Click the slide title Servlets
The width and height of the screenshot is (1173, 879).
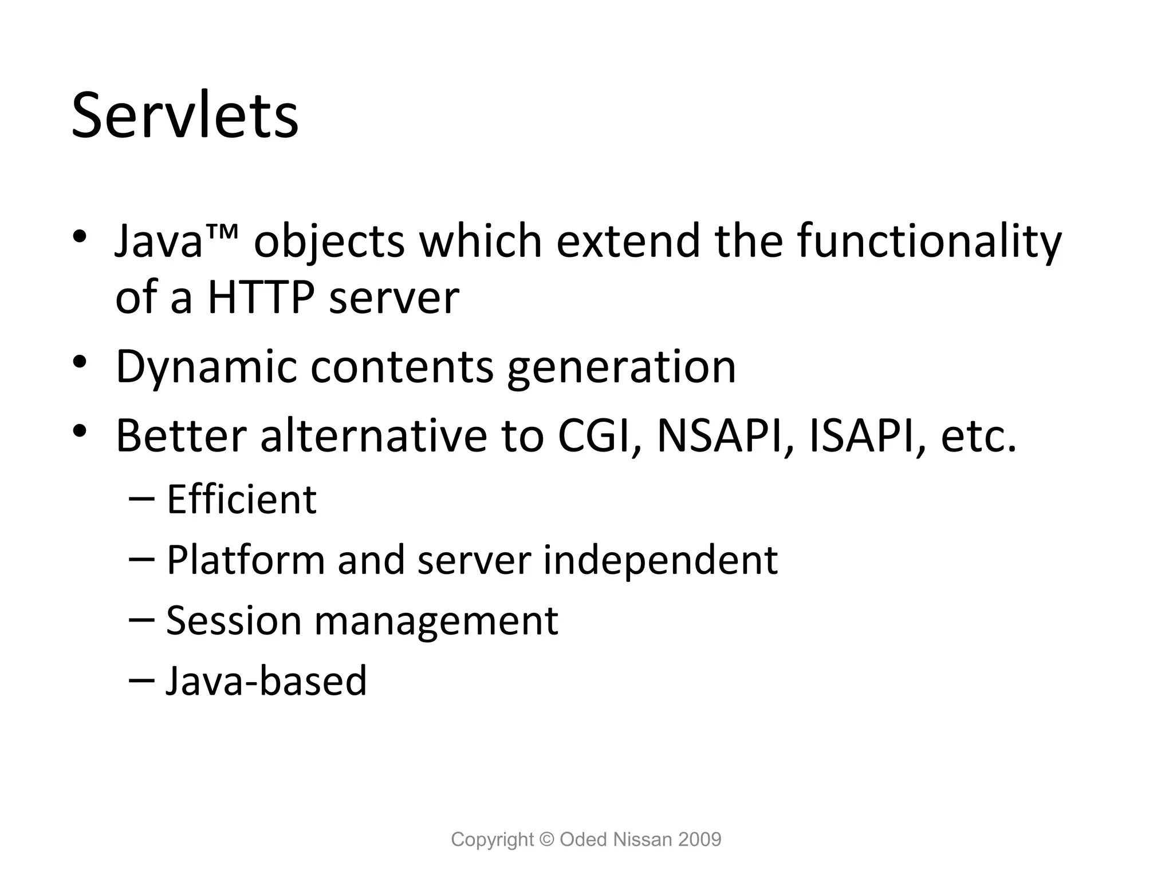[x=184, y=116]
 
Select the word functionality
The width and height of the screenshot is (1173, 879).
[x=929, y=241]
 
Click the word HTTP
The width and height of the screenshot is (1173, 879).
[x=261, y=298]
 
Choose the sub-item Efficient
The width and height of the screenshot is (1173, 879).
[x=241, y=500]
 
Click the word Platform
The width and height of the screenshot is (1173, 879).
[x=246, y=560]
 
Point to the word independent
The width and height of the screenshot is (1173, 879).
[x=660, y=560]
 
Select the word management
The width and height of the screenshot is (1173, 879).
[x=436, y=621]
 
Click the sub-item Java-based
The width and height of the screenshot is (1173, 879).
[x=266, y=681]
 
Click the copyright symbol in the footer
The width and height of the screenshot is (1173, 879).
[x=547, y=840]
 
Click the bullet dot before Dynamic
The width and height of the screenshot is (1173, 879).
[x=80, y=362]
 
